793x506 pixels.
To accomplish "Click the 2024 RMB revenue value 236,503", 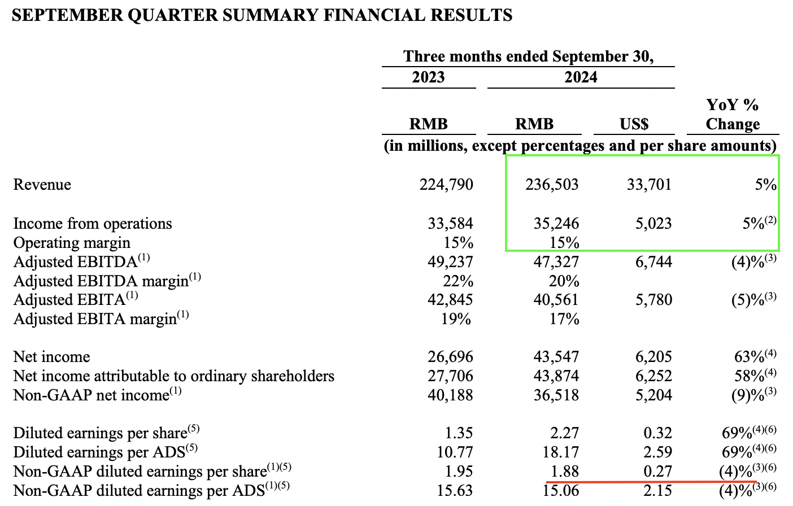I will (552, 185).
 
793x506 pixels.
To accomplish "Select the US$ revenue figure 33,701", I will (649, 185).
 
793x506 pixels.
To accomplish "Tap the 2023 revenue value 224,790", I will (446, 185).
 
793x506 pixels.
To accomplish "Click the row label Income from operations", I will (93, 224).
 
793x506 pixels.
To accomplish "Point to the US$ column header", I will (634, 124).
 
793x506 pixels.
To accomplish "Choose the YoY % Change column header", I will (733, 114).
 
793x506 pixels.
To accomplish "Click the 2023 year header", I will (428, 77).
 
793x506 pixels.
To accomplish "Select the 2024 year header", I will (581, 77).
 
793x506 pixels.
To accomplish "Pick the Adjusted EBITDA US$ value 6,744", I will (653, 262).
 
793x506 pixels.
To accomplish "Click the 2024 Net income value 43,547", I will (556, 357).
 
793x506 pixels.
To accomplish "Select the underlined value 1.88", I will (564, 472).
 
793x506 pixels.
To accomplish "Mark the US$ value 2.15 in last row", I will (657, 490).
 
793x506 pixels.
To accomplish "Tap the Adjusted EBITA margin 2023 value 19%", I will (456, 319).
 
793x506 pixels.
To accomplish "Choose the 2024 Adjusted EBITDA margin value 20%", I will (564, 281).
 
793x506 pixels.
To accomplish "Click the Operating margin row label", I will (72, 243).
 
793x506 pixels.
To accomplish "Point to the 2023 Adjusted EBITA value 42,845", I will (450, 300).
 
